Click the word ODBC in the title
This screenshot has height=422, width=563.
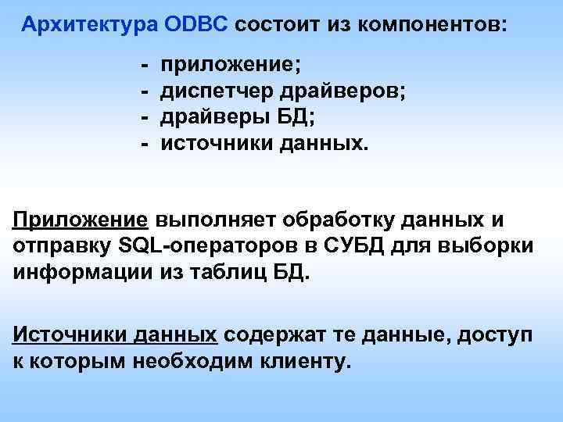pos(195,25)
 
